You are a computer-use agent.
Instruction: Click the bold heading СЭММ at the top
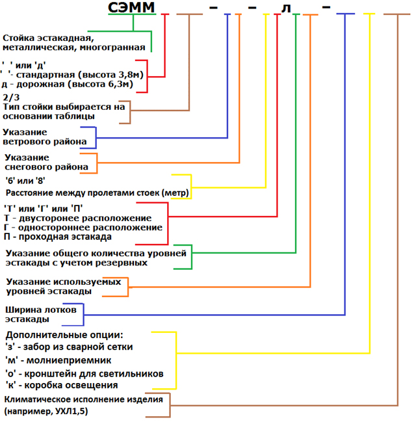[133, 10]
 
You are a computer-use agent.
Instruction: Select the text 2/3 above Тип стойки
[11, 97]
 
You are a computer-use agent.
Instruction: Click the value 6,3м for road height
[118, 84]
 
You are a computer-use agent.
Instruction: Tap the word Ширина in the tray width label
[23, 310]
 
